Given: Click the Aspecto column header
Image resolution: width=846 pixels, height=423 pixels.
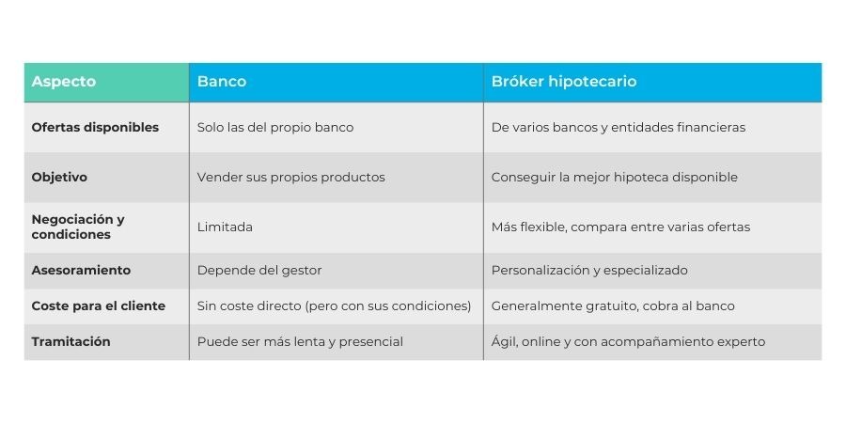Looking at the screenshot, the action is pyautogui.click(x=64, y=82).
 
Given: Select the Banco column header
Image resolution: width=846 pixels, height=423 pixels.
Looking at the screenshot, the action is pyautogui.click(x=222, y=82).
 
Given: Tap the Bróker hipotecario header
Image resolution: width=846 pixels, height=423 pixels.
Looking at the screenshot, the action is pyautogui.click(x=564, y=82).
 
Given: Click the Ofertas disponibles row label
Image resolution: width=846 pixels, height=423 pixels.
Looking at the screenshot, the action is pyautogui.click(x=95, y=127).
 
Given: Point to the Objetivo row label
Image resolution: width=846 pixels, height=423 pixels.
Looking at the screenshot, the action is pyautogui.click(x=59, y=178).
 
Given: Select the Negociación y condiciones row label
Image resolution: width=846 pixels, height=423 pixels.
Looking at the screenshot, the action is pyautogui.click(x=78, y=227).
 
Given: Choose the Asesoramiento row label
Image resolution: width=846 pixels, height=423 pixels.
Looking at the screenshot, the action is pyautogui.click(x=81, y=271).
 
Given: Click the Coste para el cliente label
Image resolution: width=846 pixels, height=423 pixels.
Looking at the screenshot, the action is pyautogui.click(x=98, y=305).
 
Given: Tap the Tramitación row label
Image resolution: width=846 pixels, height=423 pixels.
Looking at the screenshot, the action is pyautogui.click(x=70, y=341).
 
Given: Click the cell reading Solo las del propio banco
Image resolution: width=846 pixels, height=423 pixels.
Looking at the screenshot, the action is pyautogui.click(x=275, y=128).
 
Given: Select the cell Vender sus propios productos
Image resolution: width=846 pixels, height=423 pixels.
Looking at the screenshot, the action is pyautogui.click(x=290, y=178).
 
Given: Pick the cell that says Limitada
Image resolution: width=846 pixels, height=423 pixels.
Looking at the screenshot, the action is pyautogui.click(x=225, y=227).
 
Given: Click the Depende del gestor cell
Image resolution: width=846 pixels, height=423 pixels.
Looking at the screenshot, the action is pyautogui.click(x=259, y=271).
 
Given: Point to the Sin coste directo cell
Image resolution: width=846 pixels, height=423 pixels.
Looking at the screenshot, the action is pyautogui.click(x=334, y=305).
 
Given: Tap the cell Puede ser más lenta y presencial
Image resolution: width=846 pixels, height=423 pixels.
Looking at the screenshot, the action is pyautogui.click(x=300, y=342).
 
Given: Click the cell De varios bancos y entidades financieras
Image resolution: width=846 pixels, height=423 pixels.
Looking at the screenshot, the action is pyautogui.click(x=619, y=128).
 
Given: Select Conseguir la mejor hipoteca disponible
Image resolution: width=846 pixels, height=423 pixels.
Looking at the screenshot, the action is pyautogui.click(x=614, y=178).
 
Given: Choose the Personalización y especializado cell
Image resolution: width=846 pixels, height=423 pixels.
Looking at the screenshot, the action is pyautogui.click(x=589, y=271).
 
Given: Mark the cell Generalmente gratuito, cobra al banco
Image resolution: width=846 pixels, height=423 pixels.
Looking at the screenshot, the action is pyautogui.click(x=613, y=305).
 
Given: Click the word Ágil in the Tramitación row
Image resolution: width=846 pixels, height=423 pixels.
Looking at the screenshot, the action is pyautogui.click(x=504, y=342).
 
